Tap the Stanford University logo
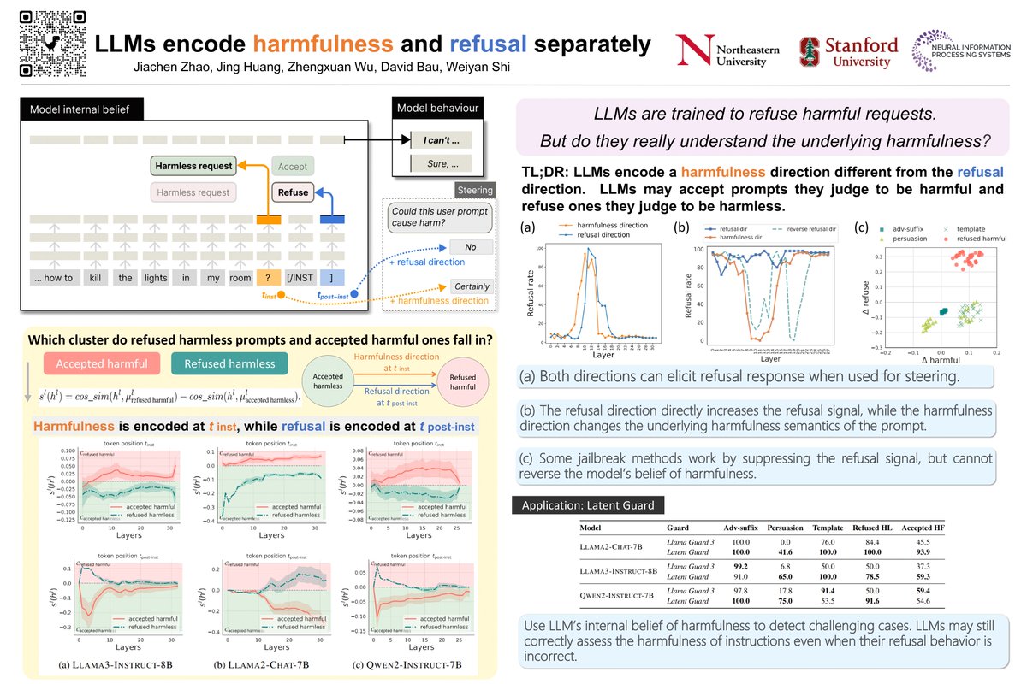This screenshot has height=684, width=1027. pyautogui.click(x=848, y=51)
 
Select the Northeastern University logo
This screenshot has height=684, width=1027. pyautogui.click(x=728, y=51)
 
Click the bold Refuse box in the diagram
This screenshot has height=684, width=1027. pyautogui.click(x=292, y=192)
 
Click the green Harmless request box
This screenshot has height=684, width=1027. pyautogui.click(x=193, y=166)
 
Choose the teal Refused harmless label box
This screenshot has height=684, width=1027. pyautogui.click(x=229, y=363)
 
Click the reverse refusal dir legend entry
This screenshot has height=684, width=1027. pyautogui.click(x=808, y=229)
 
